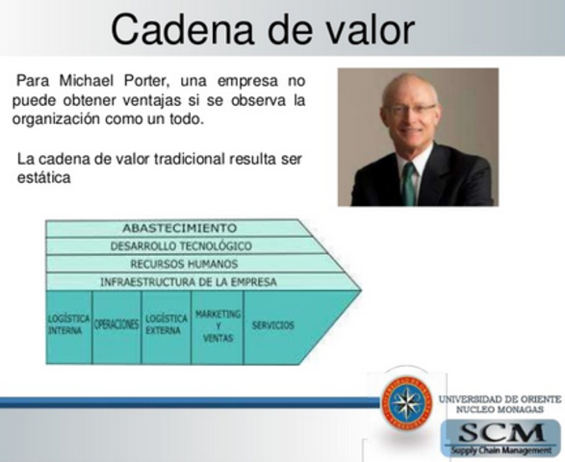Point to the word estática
tap(43, 178)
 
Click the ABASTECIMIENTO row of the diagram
tap(179, 228)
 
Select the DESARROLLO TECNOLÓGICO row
tap(180, 245)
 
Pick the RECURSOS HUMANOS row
tap(183, 263)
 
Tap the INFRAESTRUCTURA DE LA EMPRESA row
tap(188, 281)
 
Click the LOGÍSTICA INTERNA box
tap(69, 325)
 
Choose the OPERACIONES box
tap(116, 325)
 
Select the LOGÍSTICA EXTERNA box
tap(167, 325)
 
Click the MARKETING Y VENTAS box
tap(218, 325)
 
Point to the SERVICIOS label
tap(272, 325)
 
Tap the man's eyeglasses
tap(409, 110)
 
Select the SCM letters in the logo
tap(501, 432)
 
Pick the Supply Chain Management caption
tap(501, 449)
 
